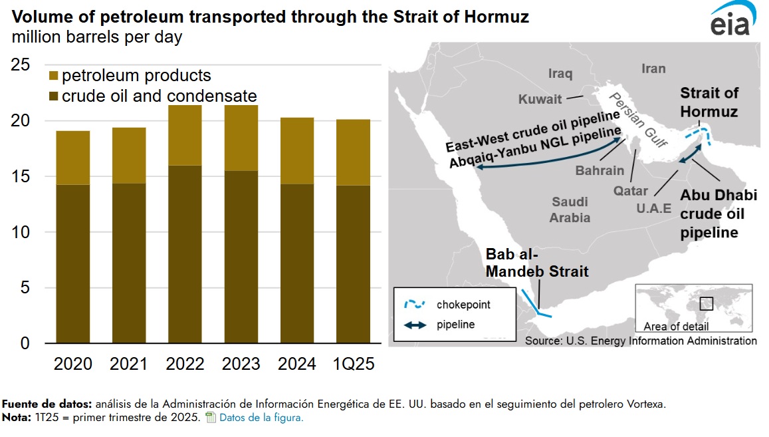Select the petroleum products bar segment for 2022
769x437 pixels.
pyautogui.click(x=185, y=135)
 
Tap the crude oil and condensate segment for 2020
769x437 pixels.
pyautogui.click(x=73, y=264)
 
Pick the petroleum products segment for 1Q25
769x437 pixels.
pyautogui.click(x=352, y=152)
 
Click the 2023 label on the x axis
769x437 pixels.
pyautogui.click(x=241, y=364)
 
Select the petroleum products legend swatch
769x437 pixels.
pyautogui.click(x=55, y=76)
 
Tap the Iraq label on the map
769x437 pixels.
pyautogui.click(x=560, y=73)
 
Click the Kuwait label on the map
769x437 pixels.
pyautogui.click(x=540, y=100)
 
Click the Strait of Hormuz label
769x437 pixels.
pyautogui.click(x=709, y=102)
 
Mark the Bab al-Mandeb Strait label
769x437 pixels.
pyautogui.click(x=537, y=263)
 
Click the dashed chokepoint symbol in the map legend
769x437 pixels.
pyautogui.click(x=415, y=305)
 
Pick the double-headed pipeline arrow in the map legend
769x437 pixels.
pyautogui.click(x=415, y=325)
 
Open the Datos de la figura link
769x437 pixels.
pyautogui.click(x=261, y=418)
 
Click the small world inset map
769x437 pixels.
pyautogui.click(x=693, y=305)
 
